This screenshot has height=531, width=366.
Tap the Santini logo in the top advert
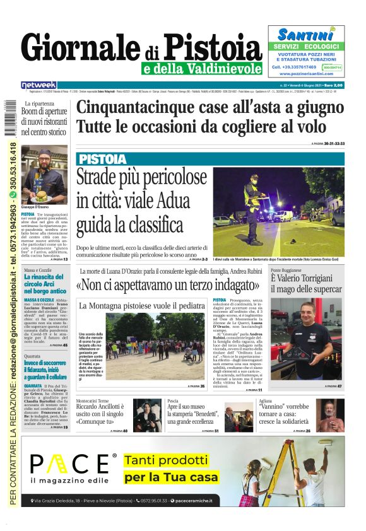[x=305, y=35]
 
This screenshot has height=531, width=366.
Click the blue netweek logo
[x=38, y=85]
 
